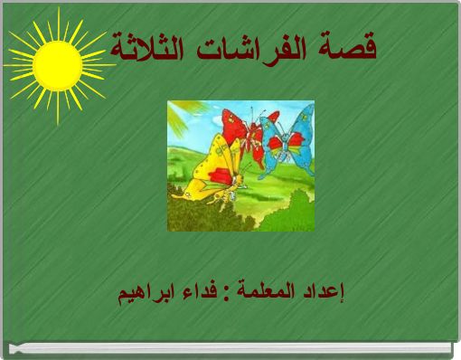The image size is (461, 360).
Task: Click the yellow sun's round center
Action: click(x=56, y=60)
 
